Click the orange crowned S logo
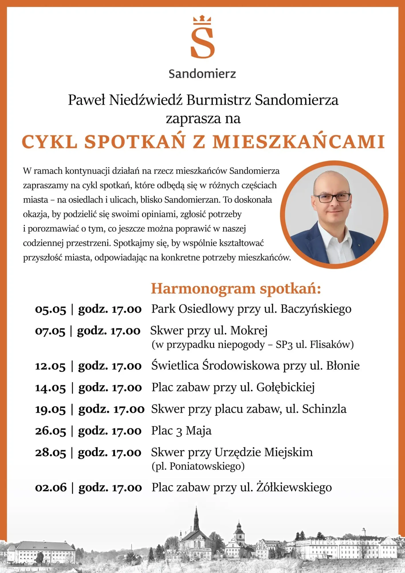202,38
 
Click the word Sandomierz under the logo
202,74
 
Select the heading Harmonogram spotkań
236,289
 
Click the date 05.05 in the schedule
50,310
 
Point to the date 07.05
50,331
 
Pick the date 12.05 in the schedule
50,366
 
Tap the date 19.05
50,410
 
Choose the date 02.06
51,488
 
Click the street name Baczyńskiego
316,309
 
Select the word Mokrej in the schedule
249,331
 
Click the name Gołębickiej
285,388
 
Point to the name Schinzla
324,409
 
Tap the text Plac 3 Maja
181,431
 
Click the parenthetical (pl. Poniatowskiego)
198,466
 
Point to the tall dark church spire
196,519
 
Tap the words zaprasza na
203,119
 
